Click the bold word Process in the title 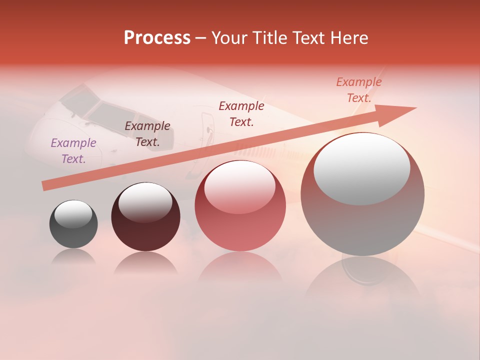tap(157, 38)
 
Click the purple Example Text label tap(73, 151)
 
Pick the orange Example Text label tap(359, 90)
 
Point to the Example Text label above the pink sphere tap(241, 114)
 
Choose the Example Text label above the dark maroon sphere tap(147, 134)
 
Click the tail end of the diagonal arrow tap(46, 185)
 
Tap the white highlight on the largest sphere tap(361, 169)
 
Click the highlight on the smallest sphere tap(73, 214)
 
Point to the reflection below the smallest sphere tap(73, 257)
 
